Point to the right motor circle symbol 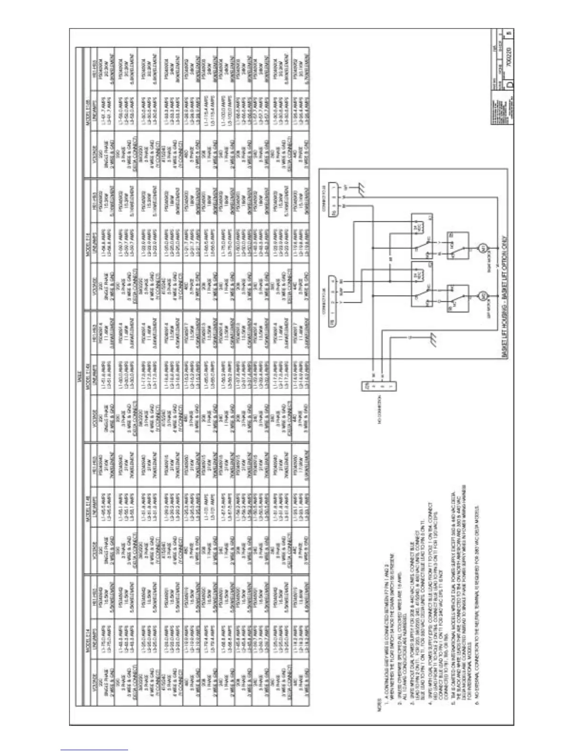pyautogui.click(x=481, y=248)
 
